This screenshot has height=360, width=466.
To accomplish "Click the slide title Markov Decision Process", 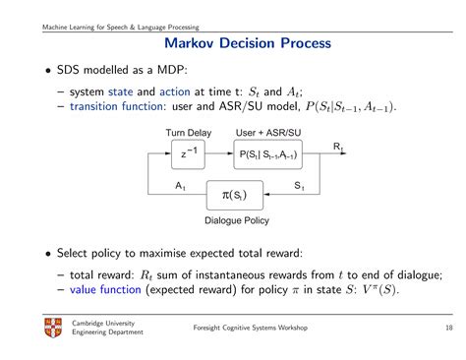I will [232, 44].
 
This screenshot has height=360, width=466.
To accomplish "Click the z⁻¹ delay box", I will [189, 152].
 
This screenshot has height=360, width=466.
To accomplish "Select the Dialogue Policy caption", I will [236, 220].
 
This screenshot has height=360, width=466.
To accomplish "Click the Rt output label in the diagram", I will [338, 146].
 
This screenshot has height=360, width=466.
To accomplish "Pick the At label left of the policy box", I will [181, 186].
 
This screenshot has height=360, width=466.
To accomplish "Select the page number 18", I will [436, 328].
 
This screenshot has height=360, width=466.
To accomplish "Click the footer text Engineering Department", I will [107, 332].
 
